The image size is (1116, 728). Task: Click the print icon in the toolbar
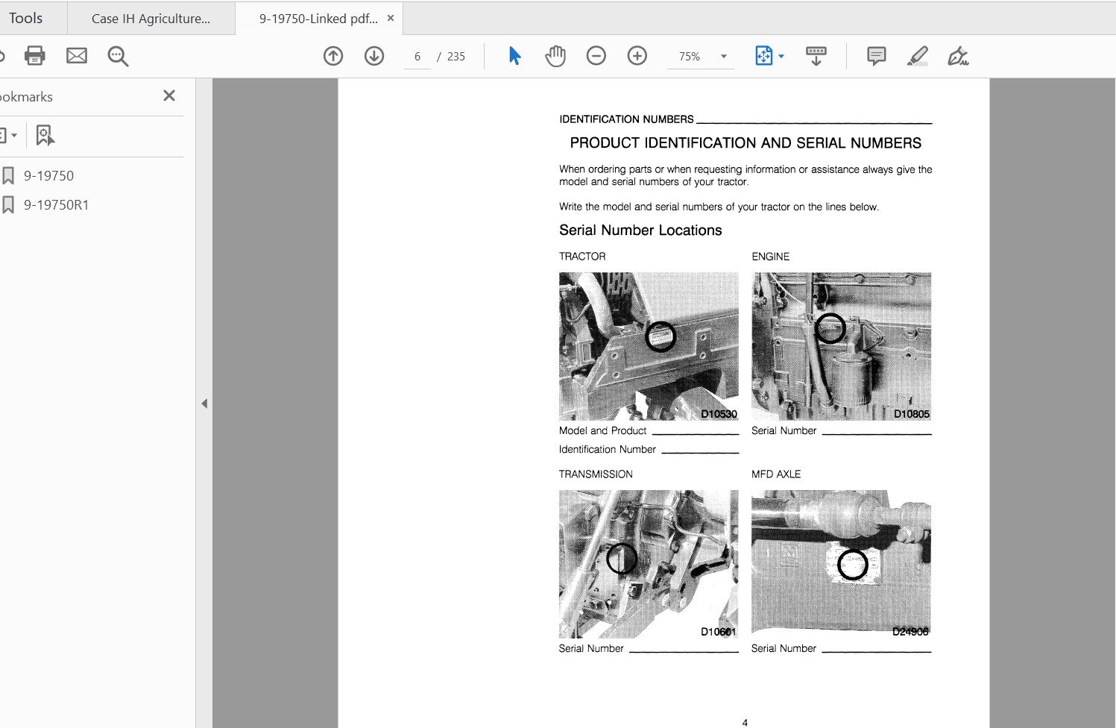tap(35, 56)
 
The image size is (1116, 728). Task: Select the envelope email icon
tap(77, 56)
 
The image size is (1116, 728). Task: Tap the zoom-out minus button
tap(596, 56)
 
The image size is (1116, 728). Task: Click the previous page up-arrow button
tap(332, 56)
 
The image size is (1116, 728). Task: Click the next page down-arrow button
tap(374, 56)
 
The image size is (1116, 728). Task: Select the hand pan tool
tap(555, 56)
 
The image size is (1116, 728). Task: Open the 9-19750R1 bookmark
tap(56, 205)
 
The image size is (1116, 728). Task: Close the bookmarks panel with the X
tap(169, 95)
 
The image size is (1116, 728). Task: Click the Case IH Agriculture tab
tap(151, 19)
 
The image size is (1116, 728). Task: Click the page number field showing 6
tap(417, 57)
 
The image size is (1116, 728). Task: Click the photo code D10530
tap(719, 414)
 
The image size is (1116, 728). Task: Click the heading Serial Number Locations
tap(640, 230)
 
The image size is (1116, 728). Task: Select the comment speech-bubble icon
tap(876, 56)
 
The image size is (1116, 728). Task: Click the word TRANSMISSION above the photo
tap(596, 474)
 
